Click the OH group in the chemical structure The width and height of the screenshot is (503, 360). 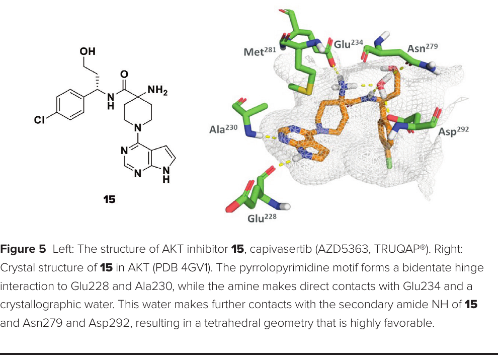(88, 51)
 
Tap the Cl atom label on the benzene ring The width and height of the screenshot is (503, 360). (39, 120)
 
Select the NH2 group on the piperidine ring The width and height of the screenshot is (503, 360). (157, 90)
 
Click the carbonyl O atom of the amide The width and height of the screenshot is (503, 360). (124, 75)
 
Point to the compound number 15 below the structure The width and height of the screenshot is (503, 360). (109, 199)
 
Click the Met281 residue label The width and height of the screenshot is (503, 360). (260, 51)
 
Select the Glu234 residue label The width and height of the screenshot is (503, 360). (349, 44)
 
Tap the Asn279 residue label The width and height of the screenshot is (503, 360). (423, 48)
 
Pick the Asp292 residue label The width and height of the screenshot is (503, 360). (454, 131)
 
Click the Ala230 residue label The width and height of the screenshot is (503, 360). (223, 129)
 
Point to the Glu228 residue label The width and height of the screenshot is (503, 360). (262, 218)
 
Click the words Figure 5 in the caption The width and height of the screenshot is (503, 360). (23, 249)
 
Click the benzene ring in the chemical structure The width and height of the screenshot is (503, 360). (70, 105)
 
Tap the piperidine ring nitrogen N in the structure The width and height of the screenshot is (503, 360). (138, 128)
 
